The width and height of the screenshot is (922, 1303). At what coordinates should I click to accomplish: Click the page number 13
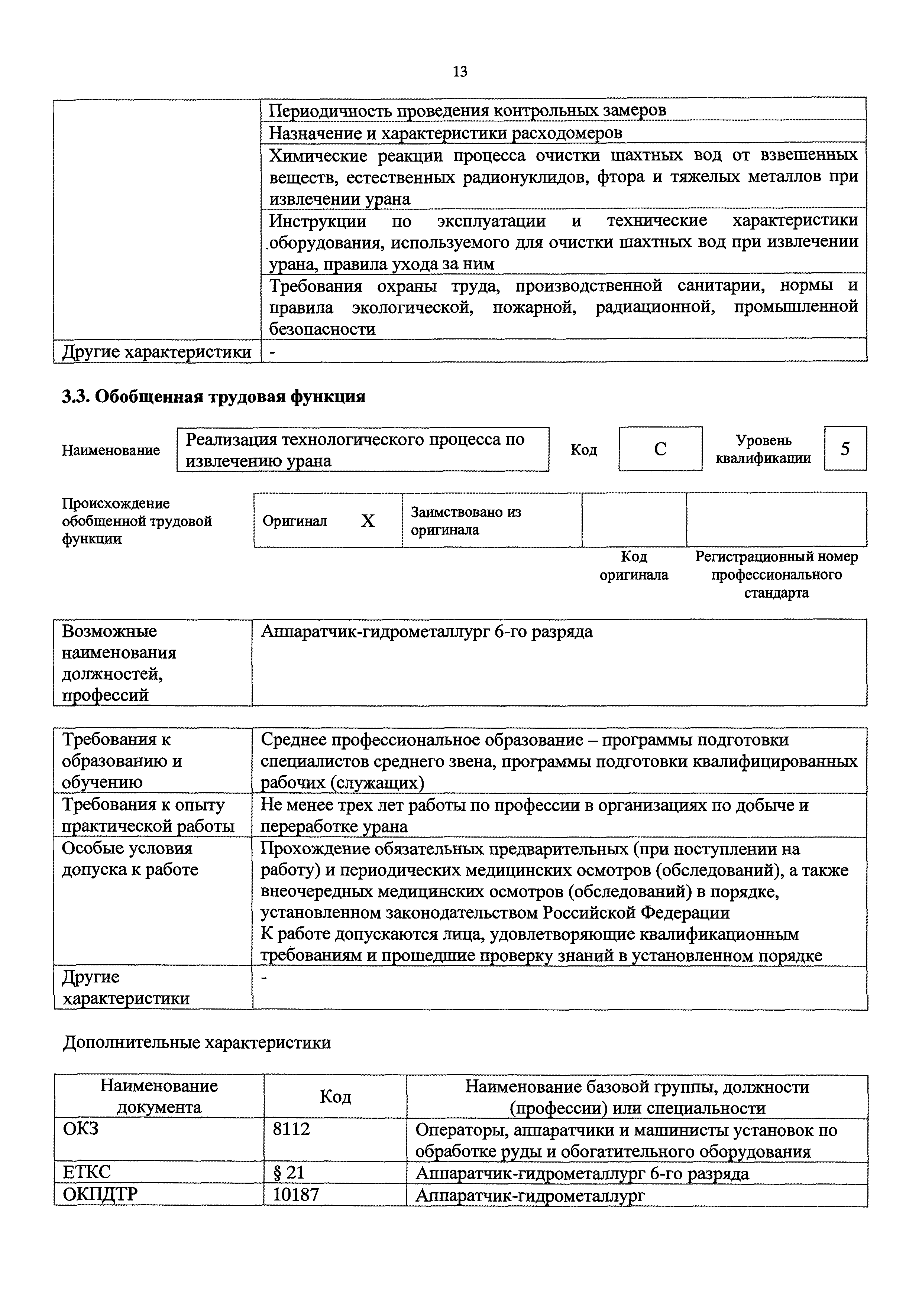pyautogui.click(x=460, y=72)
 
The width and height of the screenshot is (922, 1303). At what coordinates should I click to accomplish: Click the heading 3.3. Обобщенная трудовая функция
pyautogui.click(x=213, y=396)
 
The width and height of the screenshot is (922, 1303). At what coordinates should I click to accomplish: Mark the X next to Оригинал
pyautogui.click(x=368, y=521)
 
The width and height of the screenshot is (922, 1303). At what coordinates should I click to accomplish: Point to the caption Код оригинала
pyautogui.click(x=634, y=565)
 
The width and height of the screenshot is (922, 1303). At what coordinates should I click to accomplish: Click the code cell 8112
pyautogui.click(x=292, y=1129)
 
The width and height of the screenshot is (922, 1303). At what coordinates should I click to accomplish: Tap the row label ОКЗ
pyautogui.click(x=81, y=1129)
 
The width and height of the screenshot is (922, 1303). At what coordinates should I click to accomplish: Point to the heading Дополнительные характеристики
pyautogui.click(x=197, y=1043)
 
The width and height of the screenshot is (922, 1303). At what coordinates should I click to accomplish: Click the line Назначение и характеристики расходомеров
pyautogui.click(x=445, y=133)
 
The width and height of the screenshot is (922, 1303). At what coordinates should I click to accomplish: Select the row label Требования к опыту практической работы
pyautogui.click(x=148, y=815)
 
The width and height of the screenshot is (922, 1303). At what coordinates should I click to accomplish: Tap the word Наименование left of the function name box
pyautogui.click(x=111, y=450)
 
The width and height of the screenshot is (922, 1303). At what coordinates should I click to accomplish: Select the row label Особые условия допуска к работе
pyautogui.click(x=130, y=859)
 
